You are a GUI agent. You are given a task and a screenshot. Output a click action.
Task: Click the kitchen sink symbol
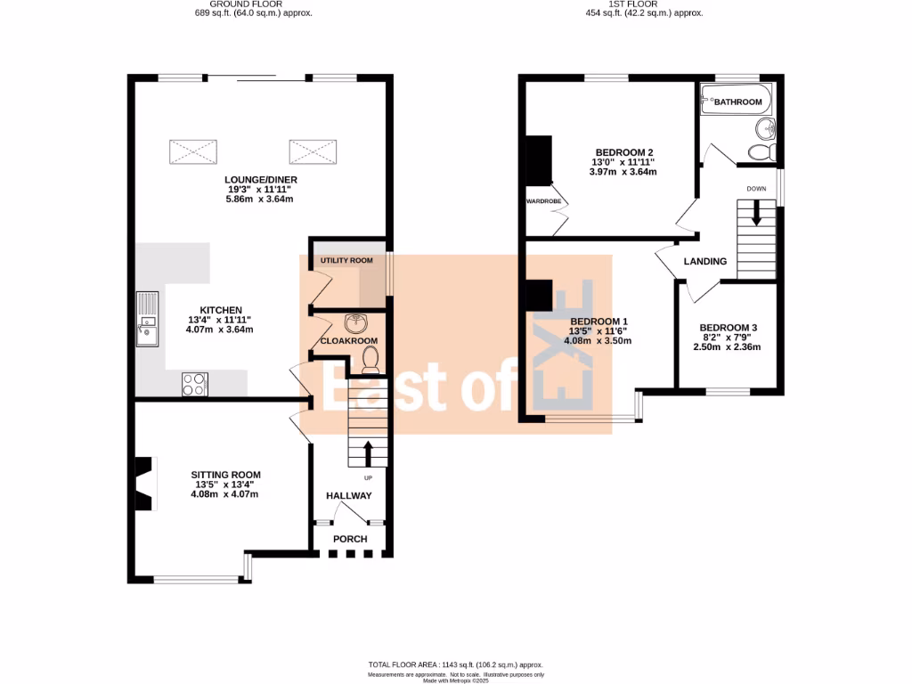coord(146,319)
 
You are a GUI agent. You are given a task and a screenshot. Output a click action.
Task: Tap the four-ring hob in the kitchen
coord(195,384)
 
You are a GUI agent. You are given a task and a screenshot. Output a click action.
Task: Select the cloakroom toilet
coord(371,358)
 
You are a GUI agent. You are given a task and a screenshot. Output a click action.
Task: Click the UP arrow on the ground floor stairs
coord(368,452)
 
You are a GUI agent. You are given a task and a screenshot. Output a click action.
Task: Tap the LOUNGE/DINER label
coord(261,180)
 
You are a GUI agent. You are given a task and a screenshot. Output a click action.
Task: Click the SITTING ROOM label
coord(225,475)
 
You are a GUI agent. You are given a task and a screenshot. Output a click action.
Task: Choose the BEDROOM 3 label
coord(728,327)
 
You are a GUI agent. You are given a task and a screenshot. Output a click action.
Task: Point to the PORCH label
coord(350,539)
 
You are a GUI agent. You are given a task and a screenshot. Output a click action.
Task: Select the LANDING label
coord(705,261)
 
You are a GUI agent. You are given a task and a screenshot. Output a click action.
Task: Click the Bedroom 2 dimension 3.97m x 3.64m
coord(623,172)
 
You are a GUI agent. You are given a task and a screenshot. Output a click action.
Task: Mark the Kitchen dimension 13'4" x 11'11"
coord(220,320)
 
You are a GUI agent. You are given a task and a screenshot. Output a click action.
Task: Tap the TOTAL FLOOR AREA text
coord(456,665)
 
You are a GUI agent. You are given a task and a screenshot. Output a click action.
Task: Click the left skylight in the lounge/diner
coord(193,151)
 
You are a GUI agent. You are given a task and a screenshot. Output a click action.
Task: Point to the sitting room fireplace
coord(143,484)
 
